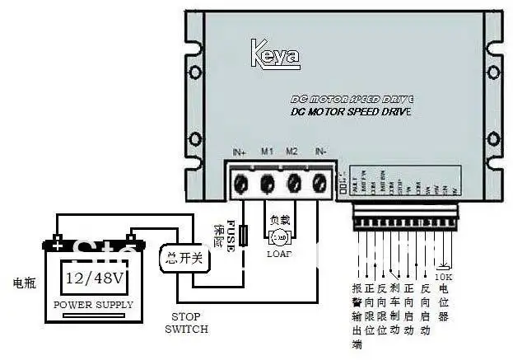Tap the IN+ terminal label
click(x=240, y=152)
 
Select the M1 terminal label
click(x=267, y=152)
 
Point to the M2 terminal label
click(x=291, y=152)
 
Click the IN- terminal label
click(x=320, y=152)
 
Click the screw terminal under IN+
click(x=242, y=182)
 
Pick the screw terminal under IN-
click(x=319, y=182)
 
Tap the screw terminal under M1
click(x=268, y=182)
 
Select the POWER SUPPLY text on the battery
click(x=93, y=305)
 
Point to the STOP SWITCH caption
click(x=185, y=322)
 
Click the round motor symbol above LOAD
click(x=279, y=238)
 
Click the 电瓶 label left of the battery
click(x=24, y=283)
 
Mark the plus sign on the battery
click(x=58, y=241)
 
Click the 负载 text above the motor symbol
click(x=279, y=222)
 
